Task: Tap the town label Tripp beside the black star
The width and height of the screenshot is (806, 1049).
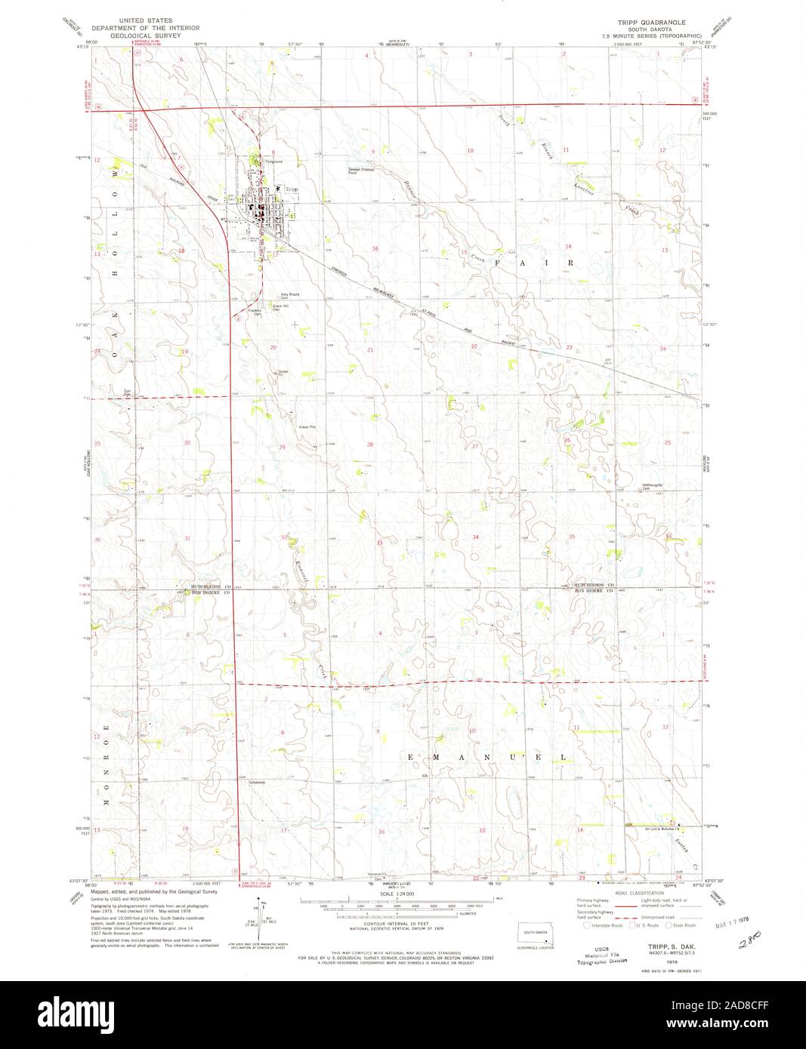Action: tap(292, 189)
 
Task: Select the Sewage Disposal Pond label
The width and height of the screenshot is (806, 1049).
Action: tap(361, 171)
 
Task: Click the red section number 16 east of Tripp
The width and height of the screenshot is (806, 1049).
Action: tap(375, 248)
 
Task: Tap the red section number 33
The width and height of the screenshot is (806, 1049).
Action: tap(380, 543)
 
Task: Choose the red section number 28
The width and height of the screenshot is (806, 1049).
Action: tap(370, 445)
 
